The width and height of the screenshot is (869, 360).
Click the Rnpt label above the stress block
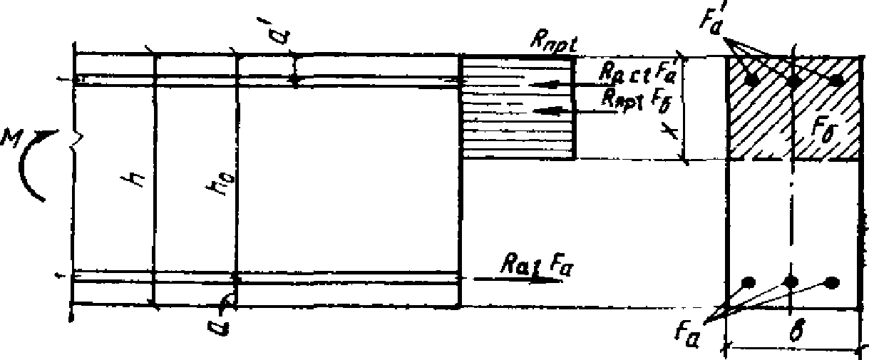553,41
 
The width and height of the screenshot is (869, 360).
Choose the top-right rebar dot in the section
838,81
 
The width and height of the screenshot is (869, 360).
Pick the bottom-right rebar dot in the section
831,282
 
